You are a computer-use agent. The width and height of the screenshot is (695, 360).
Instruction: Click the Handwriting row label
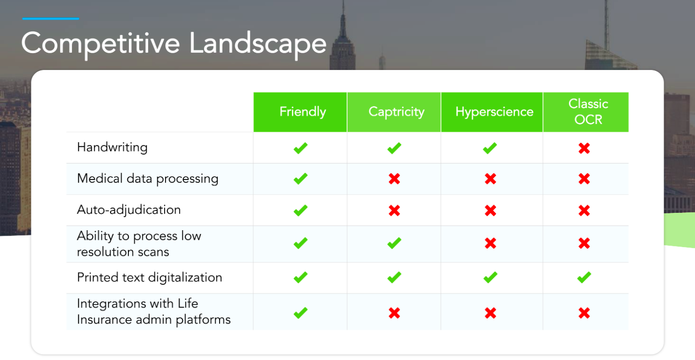[112, 147]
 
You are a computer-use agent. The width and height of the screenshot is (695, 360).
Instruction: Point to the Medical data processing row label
[147, 179]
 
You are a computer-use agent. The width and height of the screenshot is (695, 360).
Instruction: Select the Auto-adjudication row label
[129, 210]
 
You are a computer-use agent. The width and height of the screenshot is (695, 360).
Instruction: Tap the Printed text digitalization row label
[149, 277]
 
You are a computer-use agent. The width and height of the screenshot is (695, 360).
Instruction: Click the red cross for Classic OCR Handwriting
[584, 148]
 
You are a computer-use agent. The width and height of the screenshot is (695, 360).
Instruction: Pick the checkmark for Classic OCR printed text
[584, 277]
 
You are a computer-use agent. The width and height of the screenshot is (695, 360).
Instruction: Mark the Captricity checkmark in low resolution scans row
[394, 243]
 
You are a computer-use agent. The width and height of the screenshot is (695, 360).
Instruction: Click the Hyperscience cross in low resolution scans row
[490, 243]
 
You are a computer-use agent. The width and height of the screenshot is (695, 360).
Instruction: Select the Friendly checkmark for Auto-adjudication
[300, 210]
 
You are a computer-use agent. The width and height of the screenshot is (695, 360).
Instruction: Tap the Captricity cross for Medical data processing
[394, 179]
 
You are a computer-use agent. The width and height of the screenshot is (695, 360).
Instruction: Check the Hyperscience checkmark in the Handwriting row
[490, 148]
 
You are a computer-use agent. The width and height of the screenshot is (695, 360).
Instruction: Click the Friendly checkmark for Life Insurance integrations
[300, 313]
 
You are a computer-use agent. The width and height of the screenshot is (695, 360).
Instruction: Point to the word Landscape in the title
[258, 44]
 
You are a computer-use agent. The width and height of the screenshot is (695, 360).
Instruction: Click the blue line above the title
[51, 19]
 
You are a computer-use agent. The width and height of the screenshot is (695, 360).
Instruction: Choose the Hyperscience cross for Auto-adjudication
[490, 211]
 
